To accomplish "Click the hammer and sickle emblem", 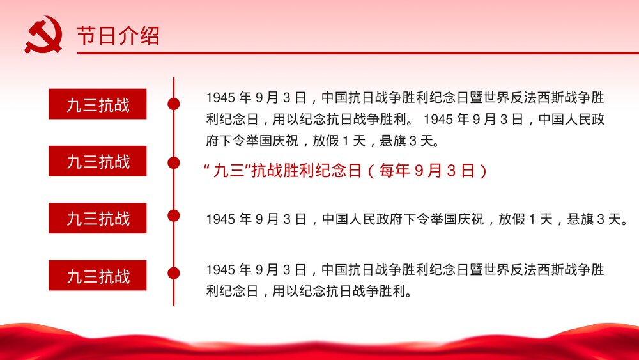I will pos(43,35).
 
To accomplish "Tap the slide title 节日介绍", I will pos(118,36).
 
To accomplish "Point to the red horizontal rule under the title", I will pos(358,53).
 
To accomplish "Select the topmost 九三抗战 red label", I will pos(98,104).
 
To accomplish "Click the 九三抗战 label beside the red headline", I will pos(98,161).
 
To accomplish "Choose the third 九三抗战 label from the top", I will pos(98,219).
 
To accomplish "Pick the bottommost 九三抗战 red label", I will pos(98,276).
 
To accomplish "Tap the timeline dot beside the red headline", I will pos(173,163).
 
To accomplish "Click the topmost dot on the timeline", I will pos(173,104).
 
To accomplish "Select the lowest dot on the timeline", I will pos(173,273).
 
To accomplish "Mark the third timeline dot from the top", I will pos(173,215).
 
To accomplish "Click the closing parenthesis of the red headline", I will pos(484,171).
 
